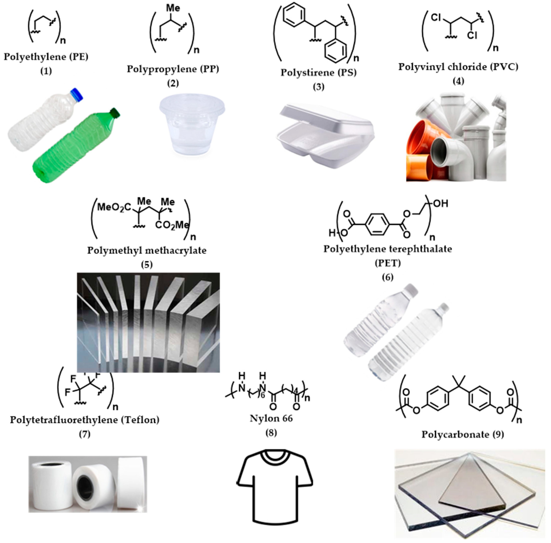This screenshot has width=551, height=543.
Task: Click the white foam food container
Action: coord(325,134)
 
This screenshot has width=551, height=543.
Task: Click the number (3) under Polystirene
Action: coord(318,87)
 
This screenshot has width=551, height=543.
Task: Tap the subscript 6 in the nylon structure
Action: coord(263,395)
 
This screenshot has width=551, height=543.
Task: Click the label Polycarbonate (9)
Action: coord(462,434)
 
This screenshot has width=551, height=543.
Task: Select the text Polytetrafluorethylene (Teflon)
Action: coord(85,420)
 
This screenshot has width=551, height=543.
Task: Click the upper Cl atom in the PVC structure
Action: coord(436,18)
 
